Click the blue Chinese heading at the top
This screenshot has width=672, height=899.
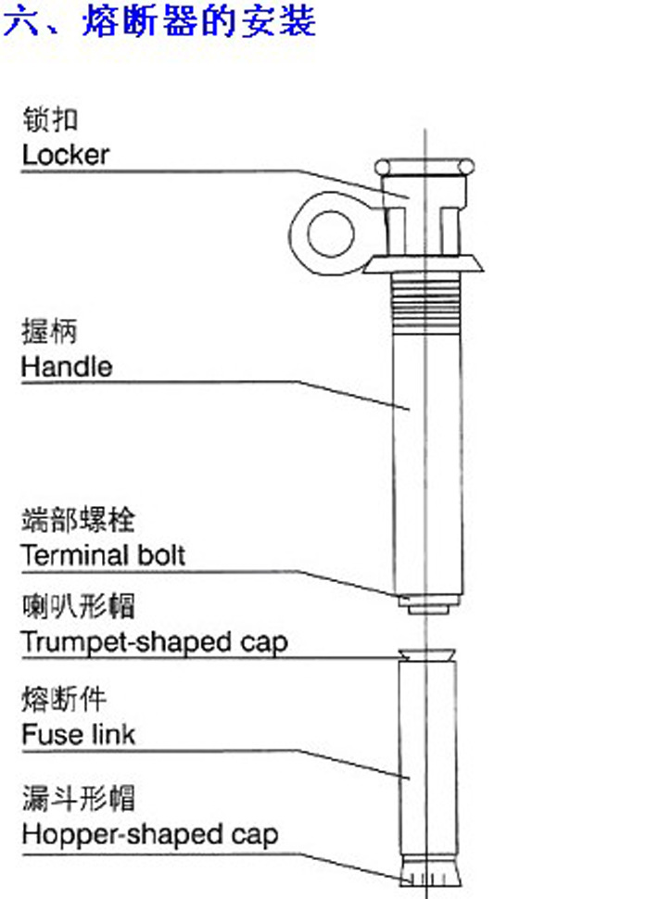tap(160, 20)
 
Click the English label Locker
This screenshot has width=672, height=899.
tap(65, 154)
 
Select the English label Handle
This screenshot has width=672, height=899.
tap(67, 366)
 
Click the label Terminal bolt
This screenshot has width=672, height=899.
tap(103, 555)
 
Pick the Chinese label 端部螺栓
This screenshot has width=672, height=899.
tap(78, 519)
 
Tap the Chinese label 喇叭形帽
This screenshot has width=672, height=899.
tap(78, 607)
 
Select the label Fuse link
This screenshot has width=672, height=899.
tap(79, 735)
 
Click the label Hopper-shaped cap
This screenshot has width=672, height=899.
tap(149, 834)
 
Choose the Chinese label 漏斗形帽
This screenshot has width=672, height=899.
tap(78, 798)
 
